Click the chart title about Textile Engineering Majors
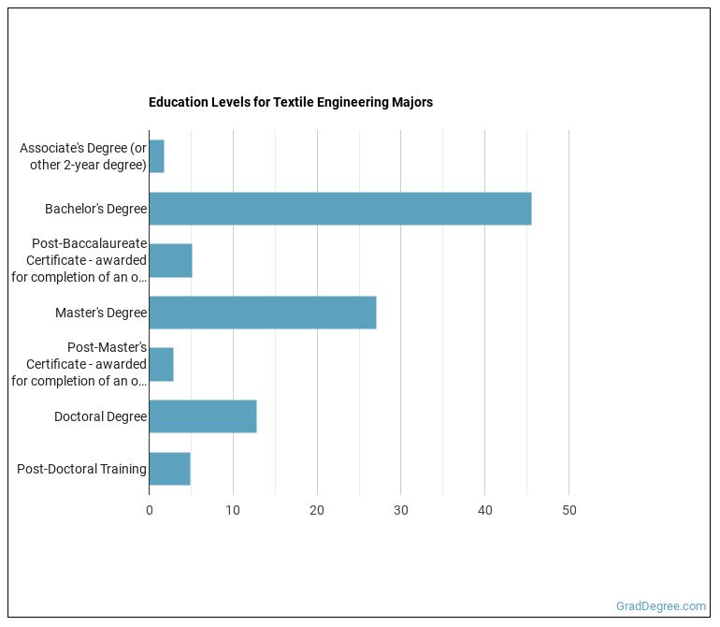click(290, 102)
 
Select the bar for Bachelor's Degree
click(339, 209)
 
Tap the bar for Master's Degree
click(262, 313)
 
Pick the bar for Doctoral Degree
click(202, 416)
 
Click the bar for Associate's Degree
click(156, 156)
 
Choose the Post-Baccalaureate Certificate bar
click(170, 260)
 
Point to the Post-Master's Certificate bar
click(161, 364)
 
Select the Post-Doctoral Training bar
click(169, 468)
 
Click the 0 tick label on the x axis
click(149, 511)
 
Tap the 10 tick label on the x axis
click(233, 511)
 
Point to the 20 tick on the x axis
click(317, 511)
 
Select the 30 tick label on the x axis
click(400, 511)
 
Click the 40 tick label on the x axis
click(484, 511)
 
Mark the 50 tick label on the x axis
click(569, 511)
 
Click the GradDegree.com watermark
click(661, 606)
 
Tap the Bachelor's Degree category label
click(95, 209)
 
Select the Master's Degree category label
click(100, 313)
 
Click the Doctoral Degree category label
click(100, 416)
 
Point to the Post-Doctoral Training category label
click(81, 469)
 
